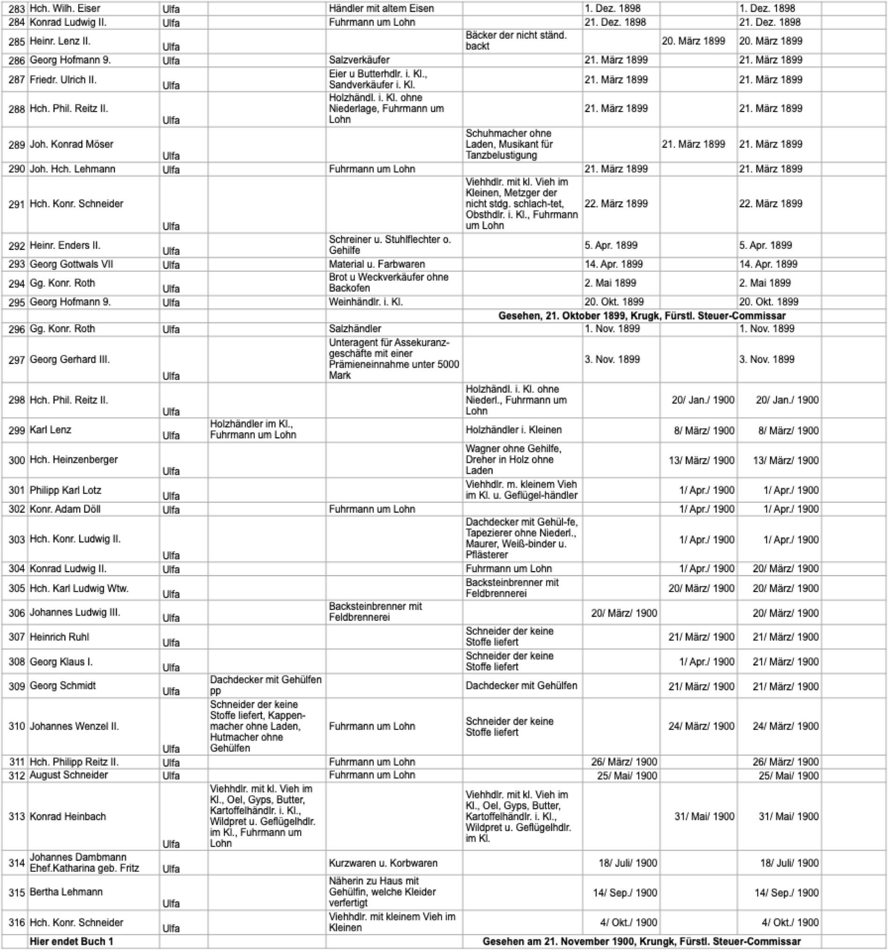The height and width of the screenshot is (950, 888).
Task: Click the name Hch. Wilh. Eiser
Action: click(65, 8)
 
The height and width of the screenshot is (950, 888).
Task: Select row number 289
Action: click(16, 144)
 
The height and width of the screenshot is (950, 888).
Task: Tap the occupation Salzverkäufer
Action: click(359, 60)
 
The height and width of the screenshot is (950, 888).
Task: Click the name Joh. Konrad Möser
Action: click(72, 144)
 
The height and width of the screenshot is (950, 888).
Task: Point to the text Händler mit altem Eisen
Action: click(381, 8)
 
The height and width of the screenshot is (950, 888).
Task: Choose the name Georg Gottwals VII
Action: click(71, 264)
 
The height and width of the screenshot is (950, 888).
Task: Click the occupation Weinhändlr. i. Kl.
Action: click(365, 302)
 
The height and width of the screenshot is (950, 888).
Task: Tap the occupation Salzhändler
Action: click(355, 328)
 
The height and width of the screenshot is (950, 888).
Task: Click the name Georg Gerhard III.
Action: click(70, 359)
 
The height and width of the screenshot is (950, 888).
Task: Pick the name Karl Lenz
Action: click(51, 430)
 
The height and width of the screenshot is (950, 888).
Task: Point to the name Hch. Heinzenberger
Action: click(74, 459)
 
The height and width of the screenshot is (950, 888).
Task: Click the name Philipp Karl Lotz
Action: click(66, 490)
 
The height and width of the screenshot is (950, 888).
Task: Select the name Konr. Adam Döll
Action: click(65, 509)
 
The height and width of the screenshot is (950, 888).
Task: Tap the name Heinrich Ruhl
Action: click(59, 637)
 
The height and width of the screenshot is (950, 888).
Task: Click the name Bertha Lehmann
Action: click(66, 892)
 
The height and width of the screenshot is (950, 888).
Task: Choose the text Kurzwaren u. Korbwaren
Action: click(383, 862)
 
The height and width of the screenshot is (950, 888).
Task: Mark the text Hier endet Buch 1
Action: click(71, 941)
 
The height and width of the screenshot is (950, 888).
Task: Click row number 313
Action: click(16, 816)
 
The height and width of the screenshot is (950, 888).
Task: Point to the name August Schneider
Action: click(69, 775)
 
